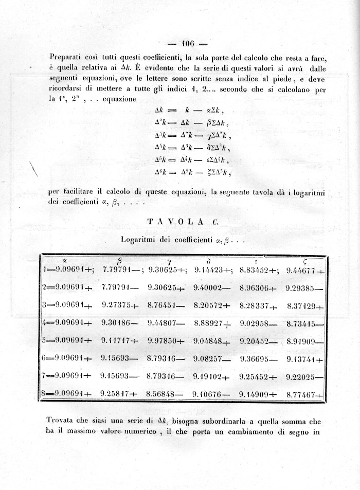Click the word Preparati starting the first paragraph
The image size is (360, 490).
67,57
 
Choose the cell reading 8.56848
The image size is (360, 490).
163,394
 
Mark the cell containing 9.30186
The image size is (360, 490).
118,323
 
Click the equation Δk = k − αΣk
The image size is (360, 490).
189,111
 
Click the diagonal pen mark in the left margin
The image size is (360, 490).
35,170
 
